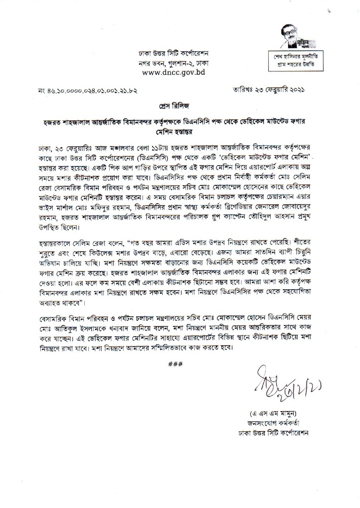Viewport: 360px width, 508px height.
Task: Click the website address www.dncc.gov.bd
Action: [173, 72]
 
